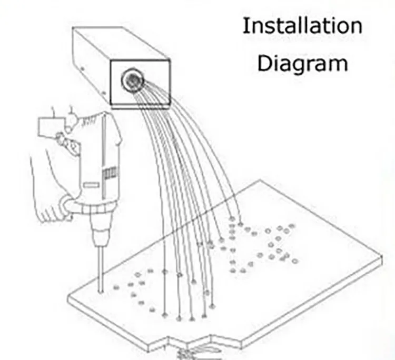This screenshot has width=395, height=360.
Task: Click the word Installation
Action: pyautogui.click(x=302, y=26)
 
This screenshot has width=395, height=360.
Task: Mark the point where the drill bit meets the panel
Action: pyautogui.click(x=100, y=289)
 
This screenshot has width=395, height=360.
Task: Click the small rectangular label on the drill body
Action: pyautogui.click(x=91, y=185)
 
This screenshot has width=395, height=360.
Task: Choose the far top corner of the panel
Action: pyautogui.click(x=259, y=181)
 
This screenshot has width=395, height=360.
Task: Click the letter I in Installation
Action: pyautogui.click(x=245, y=26)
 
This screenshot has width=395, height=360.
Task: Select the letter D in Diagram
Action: pyautogui.click(x=264, y=63)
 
